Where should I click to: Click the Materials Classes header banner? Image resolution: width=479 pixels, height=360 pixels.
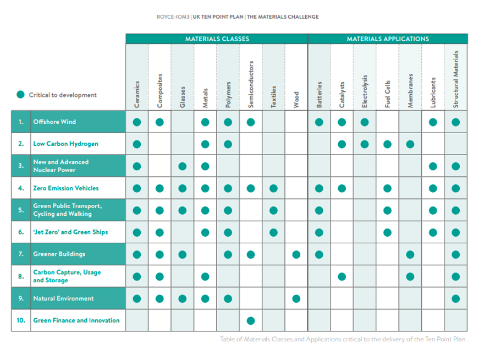tap(217, 39)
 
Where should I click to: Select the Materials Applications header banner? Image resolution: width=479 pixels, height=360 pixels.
tap(388, 39)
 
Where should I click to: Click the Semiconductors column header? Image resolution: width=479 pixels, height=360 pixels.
tap(251, 84)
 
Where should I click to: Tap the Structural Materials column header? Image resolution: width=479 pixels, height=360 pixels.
tap(456, 79)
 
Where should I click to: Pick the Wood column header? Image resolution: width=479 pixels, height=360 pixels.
tap(296, 100)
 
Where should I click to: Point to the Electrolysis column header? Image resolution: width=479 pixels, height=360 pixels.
tap(365, 91)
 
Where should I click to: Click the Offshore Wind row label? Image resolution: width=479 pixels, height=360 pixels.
tap(54, 122)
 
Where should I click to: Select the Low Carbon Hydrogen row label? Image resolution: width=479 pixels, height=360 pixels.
tap(65, 144)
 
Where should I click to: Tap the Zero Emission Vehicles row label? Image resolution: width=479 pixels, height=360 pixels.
tap(65, 188)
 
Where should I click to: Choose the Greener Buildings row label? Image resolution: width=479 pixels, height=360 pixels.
tap(59, 254)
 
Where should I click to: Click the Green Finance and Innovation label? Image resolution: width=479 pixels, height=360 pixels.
tap(76, 320)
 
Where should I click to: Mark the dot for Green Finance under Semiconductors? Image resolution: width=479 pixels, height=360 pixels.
tap(251, 320)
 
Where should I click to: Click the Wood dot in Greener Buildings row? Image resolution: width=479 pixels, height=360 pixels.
tap(296, 254)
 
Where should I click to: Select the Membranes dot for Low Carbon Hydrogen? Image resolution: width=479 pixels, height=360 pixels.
tap(410, 144)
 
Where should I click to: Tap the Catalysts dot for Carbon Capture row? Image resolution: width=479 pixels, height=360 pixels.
tap(342, 276)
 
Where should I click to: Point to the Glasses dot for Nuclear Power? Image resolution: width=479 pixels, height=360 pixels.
tap(183, 166)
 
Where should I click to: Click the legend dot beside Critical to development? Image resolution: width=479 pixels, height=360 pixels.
tap(20, 95)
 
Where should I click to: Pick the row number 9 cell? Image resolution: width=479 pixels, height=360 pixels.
tap(21, 298)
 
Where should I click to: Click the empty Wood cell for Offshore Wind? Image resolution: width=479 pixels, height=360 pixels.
tap(296, 122)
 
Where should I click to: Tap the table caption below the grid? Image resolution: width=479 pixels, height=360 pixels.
tap(343, 339)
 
